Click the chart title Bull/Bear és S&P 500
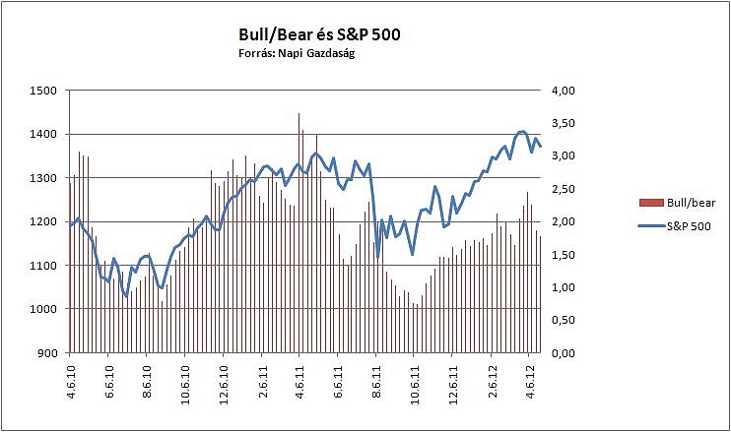click(320, 35)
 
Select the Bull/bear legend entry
click(676, 203)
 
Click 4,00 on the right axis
click(563, 91)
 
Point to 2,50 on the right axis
click(563, 189)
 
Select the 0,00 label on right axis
click(563, 352)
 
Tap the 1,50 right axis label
click(563, 254)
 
